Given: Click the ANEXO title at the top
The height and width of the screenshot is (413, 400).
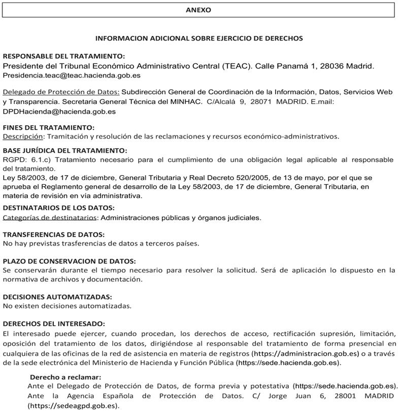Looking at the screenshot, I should pos(198,10).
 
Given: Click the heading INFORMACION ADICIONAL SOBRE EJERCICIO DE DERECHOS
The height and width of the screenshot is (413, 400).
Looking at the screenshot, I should pos(199,38).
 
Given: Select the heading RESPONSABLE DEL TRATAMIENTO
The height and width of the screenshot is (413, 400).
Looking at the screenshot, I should pos(64,56).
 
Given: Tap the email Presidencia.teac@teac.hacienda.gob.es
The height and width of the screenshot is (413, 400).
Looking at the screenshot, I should pos(72,76).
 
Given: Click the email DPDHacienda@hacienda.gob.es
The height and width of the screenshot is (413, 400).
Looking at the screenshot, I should pos(59,112).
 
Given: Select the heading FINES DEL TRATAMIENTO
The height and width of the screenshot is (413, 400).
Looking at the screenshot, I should pos(49,127).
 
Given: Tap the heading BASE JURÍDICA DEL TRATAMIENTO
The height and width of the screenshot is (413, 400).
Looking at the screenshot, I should pos(65,151).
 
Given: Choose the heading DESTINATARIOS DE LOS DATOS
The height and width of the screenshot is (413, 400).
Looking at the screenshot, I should pos(59,208).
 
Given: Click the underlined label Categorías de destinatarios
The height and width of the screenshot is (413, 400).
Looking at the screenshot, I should pos(50,218).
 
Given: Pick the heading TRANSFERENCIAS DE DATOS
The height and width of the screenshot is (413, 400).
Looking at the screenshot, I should pos(54,234).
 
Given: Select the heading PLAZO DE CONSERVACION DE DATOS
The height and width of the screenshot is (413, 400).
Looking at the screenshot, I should pos(69,261).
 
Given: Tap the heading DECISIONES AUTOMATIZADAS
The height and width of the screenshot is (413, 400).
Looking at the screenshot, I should pos(57,297).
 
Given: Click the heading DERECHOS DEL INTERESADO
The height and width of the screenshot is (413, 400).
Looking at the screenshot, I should pos(54,324).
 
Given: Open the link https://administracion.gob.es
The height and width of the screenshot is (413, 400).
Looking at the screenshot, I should pos(306,353).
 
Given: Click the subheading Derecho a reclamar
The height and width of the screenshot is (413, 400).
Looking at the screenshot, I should pos(65,377).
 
